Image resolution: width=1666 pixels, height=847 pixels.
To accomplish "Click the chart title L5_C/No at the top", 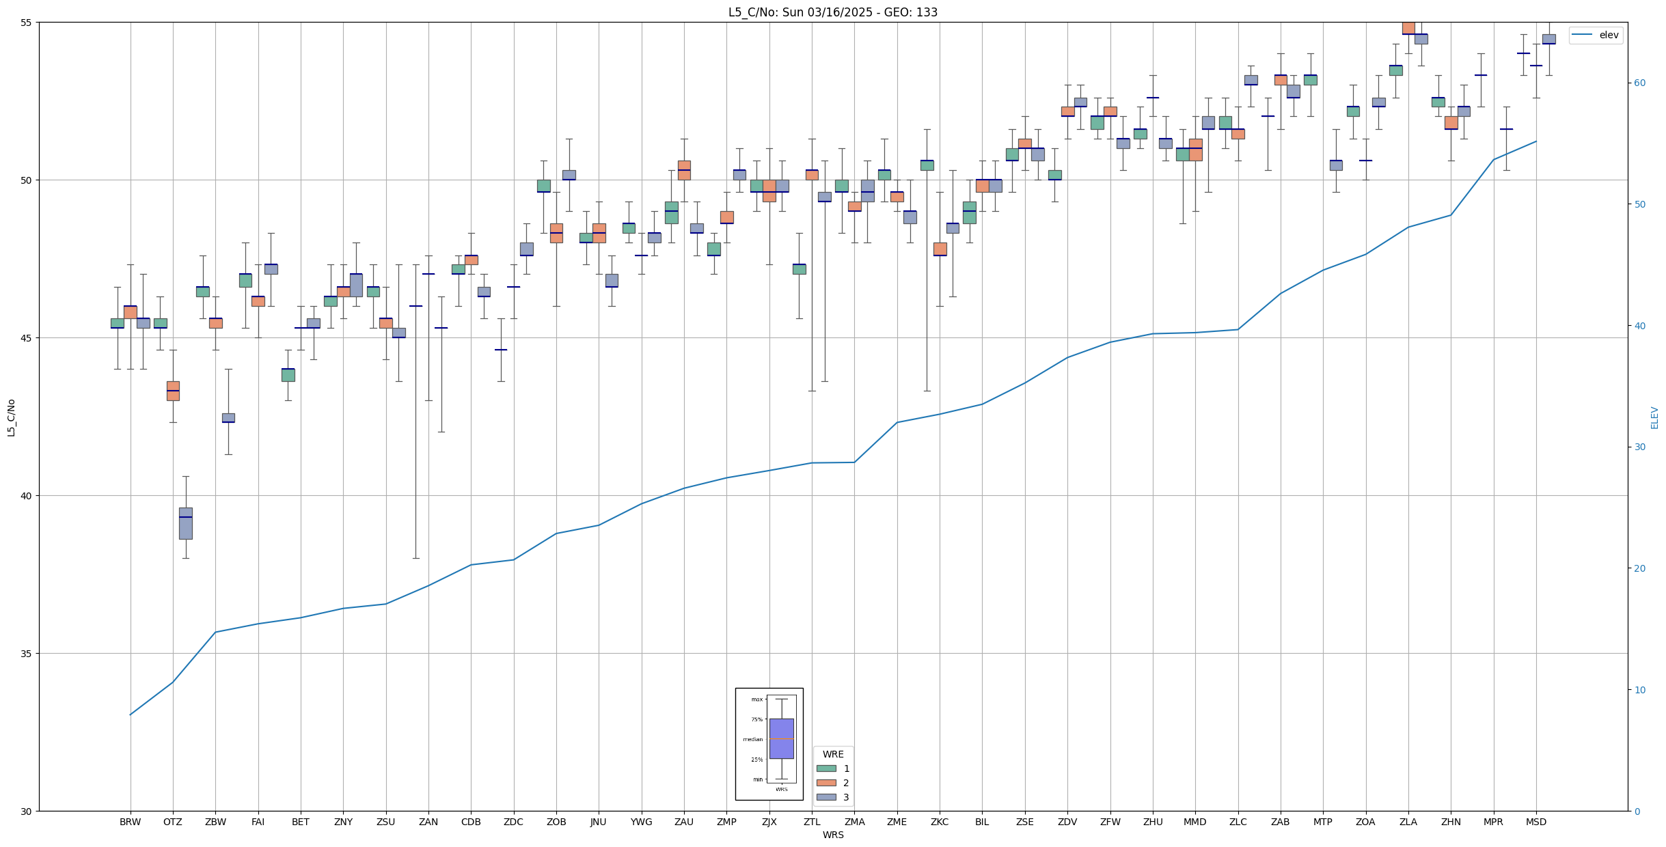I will click(832, 12).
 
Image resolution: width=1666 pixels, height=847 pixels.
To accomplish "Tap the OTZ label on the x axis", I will click(173, 822).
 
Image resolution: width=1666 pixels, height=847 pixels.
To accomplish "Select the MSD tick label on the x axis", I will click(1536, 822).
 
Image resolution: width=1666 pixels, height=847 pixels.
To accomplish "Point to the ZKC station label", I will click(940, 822).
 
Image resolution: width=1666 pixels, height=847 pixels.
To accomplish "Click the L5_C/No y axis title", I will click(11, 417).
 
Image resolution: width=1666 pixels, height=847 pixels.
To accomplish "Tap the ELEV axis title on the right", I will click(1654, 417).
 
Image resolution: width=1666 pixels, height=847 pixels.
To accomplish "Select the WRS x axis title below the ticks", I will click(833, 835).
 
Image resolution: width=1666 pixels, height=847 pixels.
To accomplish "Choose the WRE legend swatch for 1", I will click(826, 768).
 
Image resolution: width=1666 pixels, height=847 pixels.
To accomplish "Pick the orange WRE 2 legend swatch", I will click(826, 783).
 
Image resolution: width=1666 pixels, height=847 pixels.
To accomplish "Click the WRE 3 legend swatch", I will click(826, 797).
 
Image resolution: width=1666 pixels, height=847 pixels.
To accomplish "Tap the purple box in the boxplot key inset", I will click(781, 738).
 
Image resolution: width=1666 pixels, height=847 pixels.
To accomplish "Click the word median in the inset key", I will click(752, 739).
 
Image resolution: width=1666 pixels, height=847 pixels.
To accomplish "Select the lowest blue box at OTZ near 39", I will click(186, 523).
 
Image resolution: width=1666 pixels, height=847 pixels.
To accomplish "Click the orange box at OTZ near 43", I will click(173, 391).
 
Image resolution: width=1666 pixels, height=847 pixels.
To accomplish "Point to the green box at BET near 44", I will click(288, 375).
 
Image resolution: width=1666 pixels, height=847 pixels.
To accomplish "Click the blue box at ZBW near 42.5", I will click(228, 417).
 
